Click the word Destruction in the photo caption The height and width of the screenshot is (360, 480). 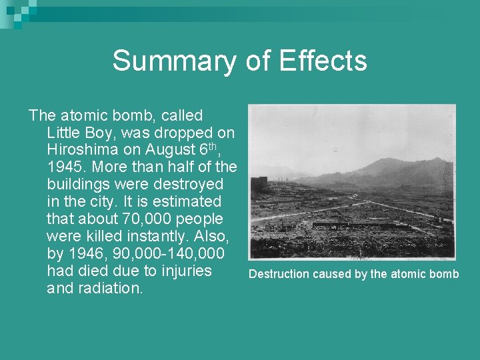tap(279, 274)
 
